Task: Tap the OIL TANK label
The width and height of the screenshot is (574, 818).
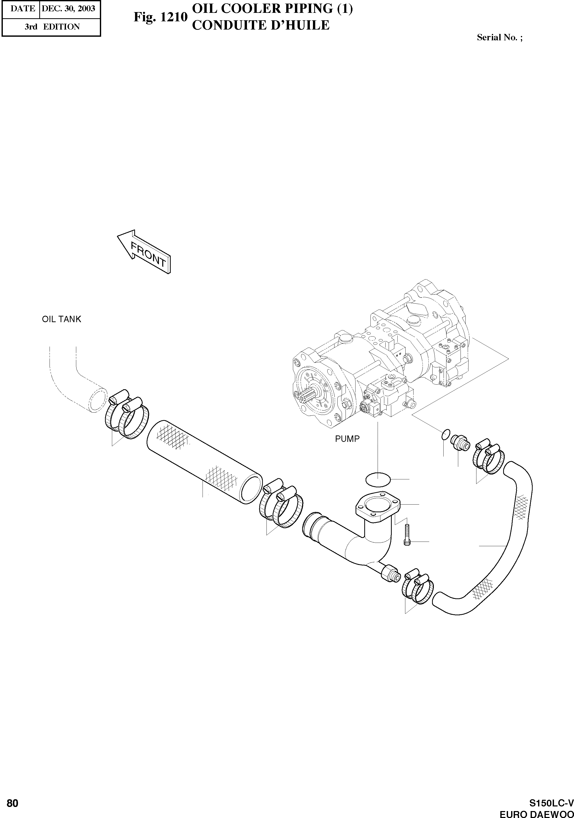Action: click(x=62, y=319)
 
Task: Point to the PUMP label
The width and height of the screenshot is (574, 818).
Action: click(x=347, y=439)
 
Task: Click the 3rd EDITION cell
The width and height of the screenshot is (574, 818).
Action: click(x=52, y=27)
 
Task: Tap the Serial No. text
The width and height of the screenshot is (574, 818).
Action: click(x=499, y=38)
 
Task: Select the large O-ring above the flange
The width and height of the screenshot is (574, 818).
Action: click(x=378, y=480)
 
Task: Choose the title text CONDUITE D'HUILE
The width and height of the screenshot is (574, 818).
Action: click(x=261, y=25)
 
